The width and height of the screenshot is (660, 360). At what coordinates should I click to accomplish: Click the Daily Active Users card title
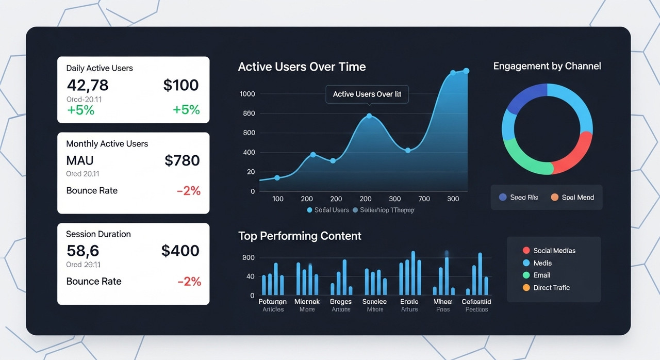[100, 68]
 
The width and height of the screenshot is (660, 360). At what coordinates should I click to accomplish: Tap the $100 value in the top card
[181, 85]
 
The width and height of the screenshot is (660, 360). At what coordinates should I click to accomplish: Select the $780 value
[182, 160]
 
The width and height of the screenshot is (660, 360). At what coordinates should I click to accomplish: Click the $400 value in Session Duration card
[180, 251]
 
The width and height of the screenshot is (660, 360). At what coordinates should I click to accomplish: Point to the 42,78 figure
[88, 85]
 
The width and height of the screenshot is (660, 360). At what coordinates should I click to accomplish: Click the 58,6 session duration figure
[82, 251]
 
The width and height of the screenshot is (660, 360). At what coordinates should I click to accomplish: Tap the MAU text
[80, 160]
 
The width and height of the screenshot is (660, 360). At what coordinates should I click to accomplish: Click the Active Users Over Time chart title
[302, 67]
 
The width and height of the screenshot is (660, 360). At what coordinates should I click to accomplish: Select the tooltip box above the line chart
[367, 94]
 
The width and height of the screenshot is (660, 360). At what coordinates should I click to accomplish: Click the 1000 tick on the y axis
[247, 94]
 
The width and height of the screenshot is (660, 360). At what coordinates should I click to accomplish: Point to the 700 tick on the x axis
[424, 199]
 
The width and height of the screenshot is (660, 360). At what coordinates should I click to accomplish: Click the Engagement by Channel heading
[547, 66]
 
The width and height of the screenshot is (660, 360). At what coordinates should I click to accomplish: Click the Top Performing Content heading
[300, 236]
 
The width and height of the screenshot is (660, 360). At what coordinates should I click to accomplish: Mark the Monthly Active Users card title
[107, 144]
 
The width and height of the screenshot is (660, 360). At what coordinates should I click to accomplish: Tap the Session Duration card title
[98, 234]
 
